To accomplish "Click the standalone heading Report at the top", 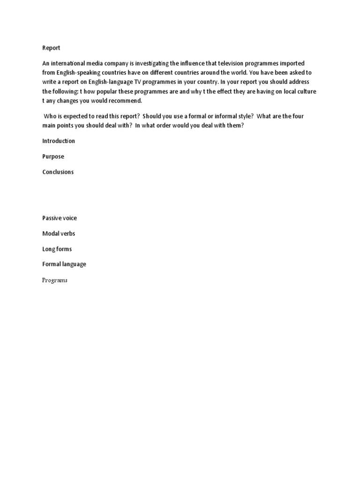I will click(51, 48).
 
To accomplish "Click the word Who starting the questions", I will click(51, 116).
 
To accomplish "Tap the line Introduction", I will click(59, 141).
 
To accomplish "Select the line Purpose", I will click(53, 157).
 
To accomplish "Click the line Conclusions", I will click(58, 172).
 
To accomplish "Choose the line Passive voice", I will click(60, 218).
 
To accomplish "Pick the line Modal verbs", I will click(59, 233).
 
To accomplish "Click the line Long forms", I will click(57, 249).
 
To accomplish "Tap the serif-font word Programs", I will click(55, 280).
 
